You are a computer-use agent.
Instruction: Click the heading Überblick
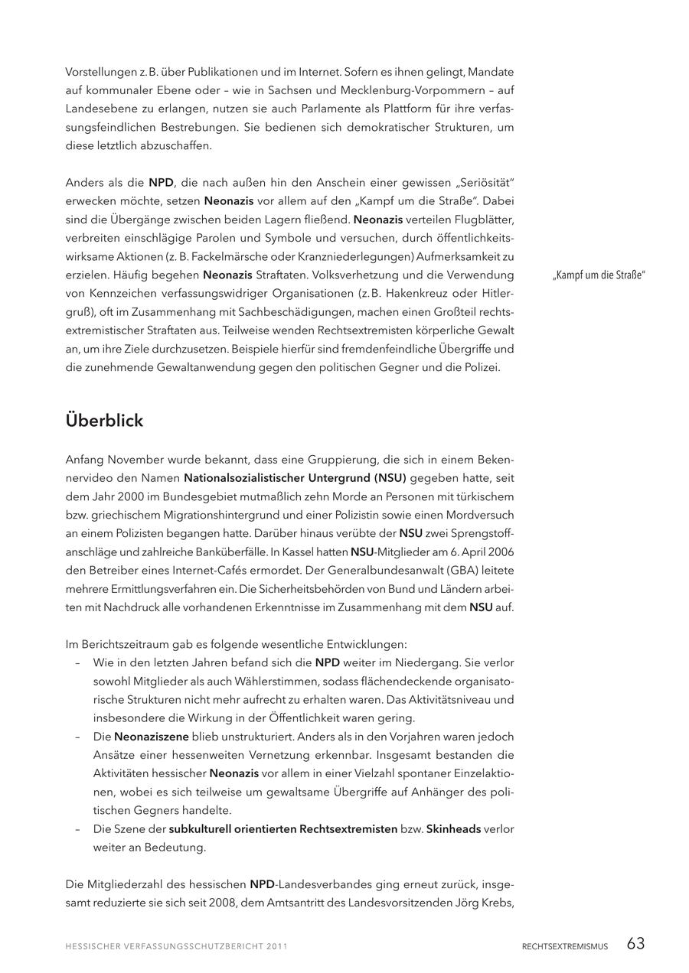point(104,421)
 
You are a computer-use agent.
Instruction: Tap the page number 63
point(635,944)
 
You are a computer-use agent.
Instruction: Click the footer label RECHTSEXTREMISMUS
point(565,946)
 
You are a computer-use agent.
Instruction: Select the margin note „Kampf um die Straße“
point(599,275)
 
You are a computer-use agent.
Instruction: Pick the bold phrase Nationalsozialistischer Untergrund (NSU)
point(295,478)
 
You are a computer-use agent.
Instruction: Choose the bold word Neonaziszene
point(152,737)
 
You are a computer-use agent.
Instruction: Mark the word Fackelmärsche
point(211,256)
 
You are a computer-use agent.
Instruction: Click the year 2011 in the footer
point(277,946)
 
